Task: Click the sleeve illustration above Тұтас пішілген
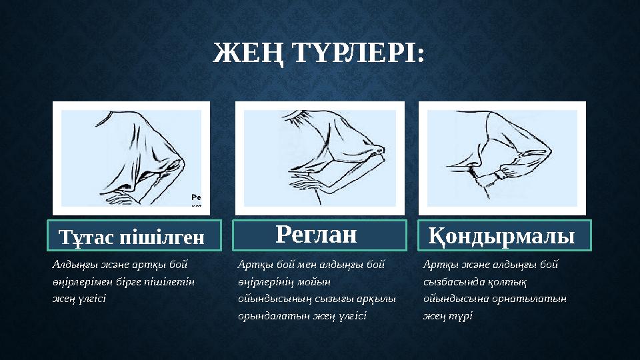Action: pos(131,158)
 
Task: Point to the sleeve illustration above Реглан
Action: pos(319,158)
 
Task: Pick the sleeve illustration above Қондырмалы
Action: pos(502,158)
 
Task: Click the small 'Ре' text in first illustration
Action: pos(196,197)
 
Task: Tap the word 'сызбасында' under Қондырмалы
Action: pos(453,281)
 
